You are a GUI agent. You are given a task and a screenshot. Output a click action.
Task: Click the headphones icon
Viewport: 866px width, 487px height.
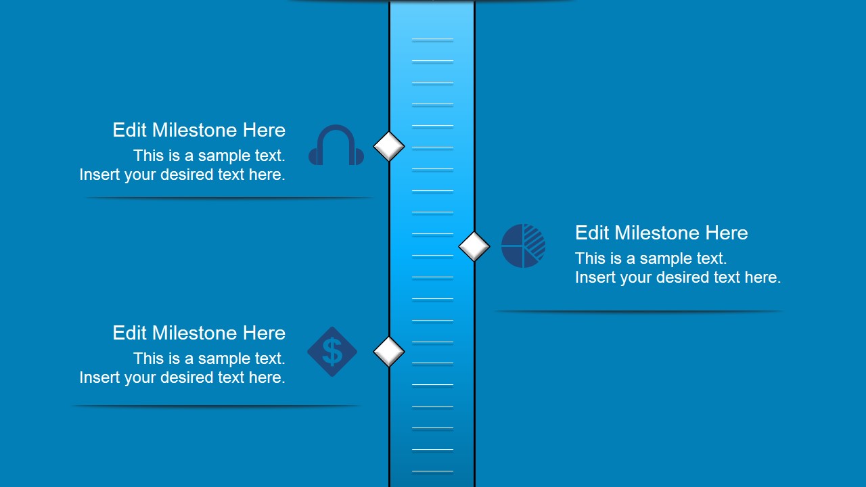(x=336, y=145)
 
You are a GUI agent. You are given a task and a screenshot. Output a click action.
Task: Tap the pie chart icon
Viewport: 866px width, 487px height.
(x=523, y=246)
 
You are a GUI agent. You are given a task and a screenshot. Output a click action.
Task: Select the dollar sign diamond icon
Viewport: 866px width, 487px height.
(x=332, y=352)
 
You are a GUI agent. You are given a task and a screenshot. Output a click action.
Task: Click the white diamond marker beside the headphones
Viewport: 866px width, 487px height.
(x=389, y=146)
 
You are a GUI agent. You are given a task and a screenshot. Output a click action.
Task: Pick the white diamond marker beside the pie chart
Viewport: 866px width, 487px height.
(x=474, y=246)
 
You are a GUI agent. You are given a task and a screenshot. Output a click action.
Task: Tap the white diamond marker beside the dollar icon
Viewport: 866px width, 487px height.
(x=389, y=352)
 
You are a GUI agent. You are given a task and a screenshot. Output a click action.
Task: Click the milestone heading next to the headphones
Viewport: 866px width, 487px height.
(x=199, y=130)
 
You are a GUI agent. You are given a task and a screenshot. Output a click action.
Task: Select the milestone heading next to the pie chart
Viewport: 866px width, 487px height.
(x=661, y=233)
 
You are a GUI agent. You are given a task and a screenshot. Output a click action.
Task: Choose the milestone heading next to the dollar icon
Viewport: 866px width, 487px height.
(x=199, y=333)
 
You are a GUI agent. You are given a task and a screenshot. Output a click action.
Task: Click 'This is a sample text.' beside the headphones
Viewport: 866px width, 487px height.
(x=209, y=156)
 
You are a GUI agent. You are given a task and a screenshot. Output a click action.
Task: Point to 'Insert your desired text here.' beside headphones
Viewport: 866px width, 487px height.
(x=182, y=175)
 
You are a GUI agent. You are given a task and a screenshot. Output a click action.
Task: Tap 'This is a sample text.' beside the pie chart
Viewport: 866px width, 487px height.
(x=651, y=258)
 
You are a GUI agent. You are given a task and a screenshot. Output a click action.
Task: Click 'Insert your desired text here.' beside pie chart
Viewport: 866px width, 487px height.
(x=678, y=277)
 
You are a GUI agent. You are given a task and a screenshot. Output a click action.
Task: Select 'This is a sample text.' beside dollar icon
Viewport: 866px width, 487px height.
(x=209, y=358)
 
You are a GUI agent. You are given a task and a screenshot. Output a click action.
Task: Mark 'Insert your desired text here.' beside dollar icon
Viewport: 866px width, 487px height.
(x=182, y=377)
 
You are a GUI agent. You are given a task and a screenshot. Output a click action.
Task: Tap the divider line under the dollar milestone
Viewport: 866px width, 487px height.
(x=216, y=406)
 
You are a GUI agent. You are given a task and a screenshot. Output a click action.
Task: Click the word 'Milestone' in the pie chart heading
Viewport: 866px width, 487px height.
(x=658, y=233)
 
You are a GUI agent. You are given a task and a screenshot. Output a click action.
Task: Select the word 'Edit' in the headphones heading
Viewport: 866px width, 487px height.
(x=129, y=130)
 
